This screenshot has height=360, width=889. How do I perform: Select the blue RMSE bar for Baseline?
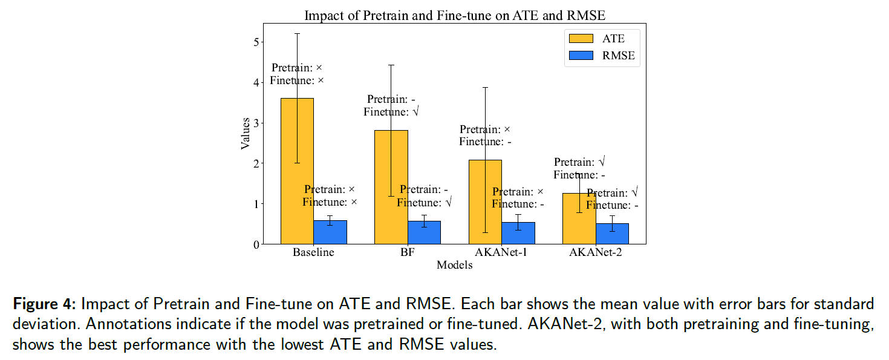[330, 232]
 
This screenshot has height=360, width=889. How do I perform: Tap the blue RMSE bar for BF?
[424, 233]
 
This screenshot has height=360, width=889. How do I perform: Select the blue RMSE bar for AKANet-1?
[518, 234]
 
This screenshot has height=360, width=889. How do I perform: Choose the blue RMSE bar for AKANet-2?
[612, 234]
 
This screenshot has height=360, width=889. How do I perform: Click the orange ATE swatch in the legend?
[581, 39]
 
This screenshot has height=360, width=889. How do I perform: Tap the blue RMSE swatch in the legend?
[581, 56]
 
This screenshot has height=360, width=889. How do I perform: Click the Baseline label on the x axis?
[313, 253]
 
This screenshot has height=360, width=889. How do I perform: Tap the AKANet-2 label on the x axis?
[595, 253]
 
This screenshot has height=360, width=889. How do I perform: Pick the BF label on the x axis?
[407, 253]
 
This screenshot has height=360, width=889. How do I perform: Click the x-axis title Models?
[454, 265]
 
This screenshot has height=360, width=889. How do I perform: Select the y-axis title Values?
[246, 134]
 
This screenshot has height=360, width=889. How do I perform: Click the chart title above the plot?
[454, 15]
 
